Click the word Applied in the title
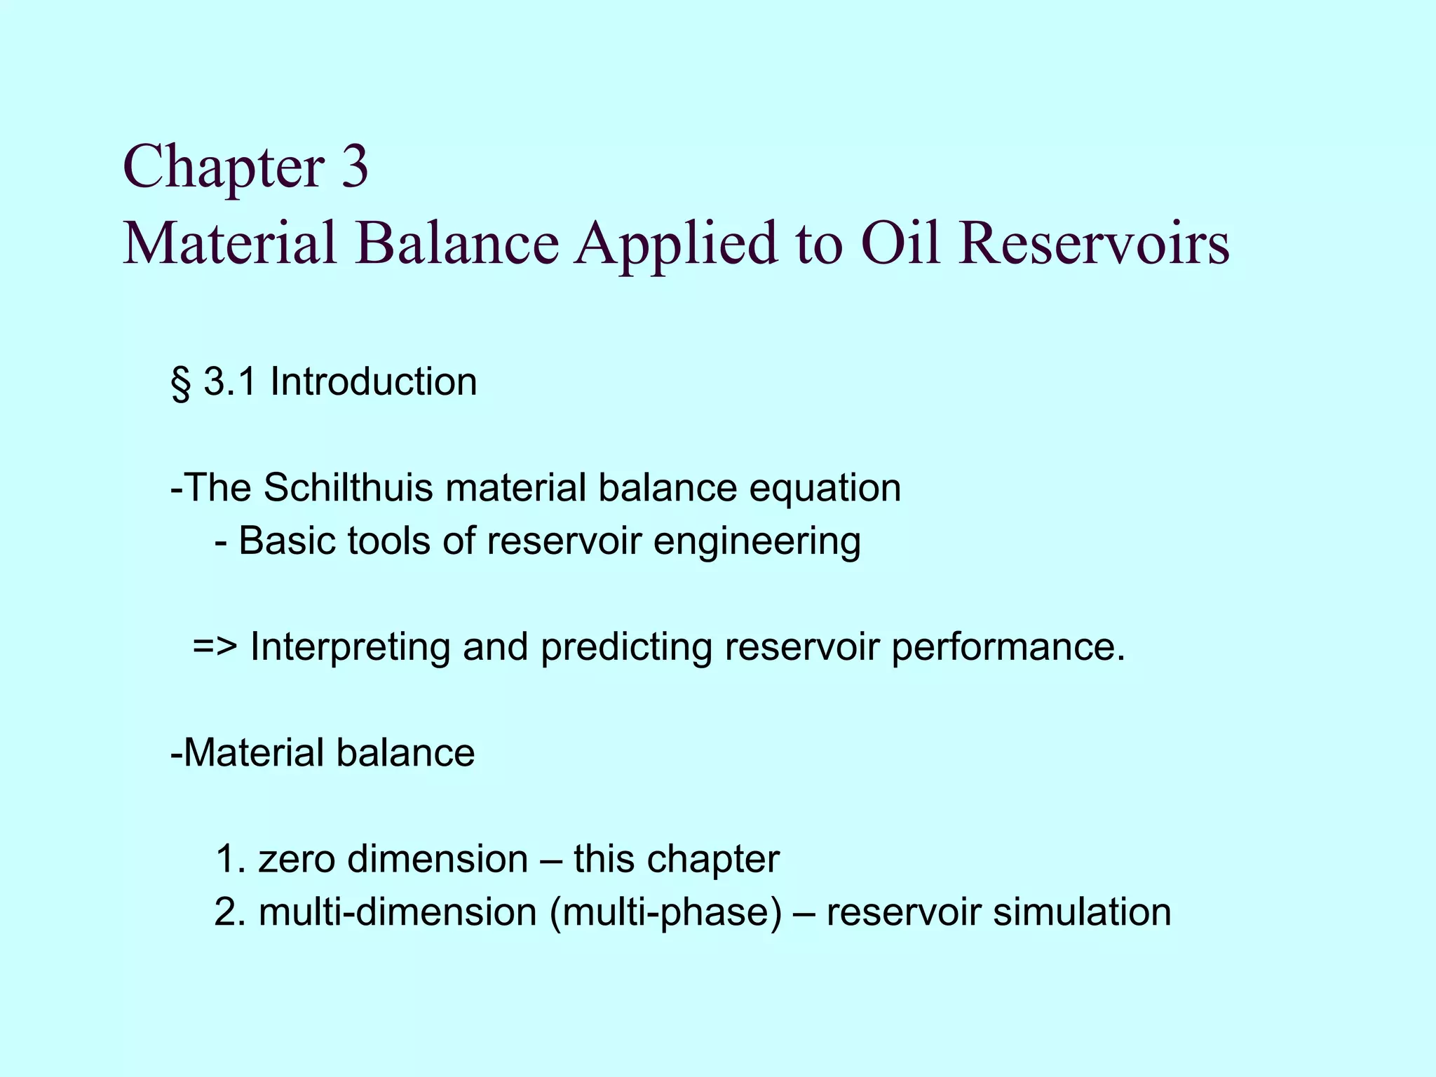pos(676,245)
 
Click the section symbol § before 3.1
pos(180,384)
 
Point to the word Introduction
pos(373,382)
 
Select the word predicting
pos(626,648)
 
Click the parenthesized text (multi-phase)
pos(665,913)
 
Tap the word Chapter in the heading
pos(223,168)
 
